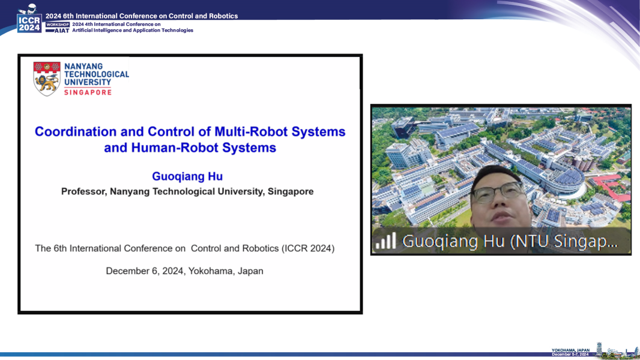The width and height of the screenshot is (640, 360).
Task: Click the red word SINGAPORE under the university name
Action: [88, 92]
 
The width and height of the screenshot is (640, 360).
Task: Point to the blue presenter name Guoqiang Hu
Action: [187, 176]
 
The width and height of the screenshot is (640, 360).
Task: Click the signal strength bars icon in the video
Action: [385, 241]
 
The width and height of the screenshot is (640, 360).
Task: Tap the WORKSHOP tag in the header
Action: [58, 25]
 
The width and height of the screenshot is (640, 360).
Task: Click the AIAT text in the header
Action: [62, 31]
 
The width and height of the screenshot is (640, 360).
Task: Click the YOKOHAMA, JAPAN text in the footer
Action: [570, 350]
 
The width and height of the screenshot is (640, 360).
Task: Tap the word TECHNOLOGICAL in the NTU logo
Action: [97, 74]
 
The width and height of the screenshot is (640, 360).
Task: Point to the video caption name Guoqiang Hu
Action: [453, 241]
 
